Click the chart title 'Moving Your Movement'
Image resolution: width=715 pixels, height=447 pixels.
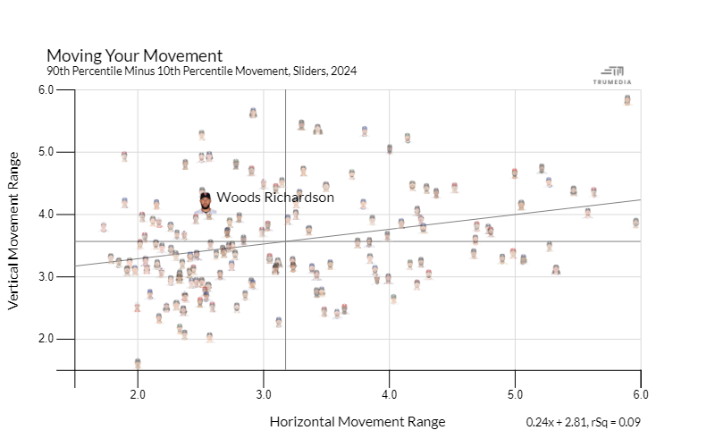click(x=134, y=55)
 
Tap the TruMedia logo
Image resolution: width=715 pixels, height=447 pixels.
click(x=613, y=75)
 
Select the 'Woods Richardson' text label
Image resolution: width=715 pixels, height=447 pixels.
click(x=275, y=198)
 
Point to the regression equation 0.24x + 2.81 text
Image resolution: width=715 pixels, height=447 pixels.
click(x=584, y=422)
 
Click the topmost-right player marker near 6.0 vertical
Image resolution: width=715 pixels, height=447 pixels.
click(x=627, y=100)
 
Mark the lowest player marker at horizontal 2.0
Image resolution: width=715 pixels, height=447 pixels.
click(x=138, y=364)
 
